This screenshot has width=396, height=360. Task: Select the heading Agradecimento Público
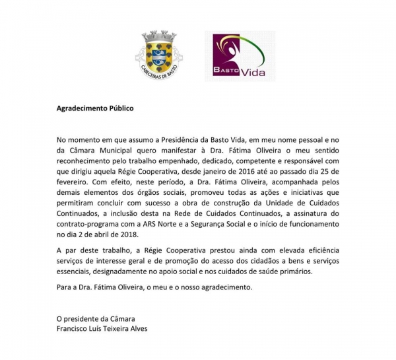click(x=94, y=108)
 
